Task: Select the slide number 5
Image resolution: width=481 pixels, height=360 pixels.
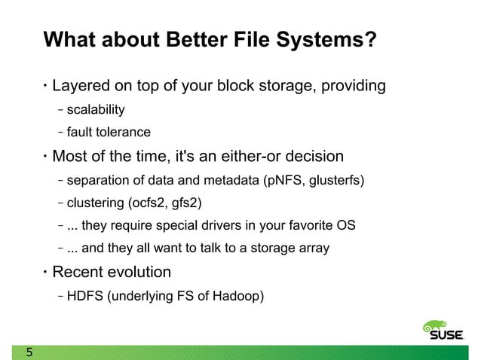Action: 29,352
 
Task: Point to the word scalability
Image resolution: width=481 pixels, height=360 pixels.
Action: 96,111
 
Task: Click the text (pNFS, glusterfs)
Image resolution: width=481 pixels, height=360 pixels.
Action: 313,181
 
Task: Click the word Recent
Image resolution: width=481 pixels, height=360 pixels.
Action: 79,271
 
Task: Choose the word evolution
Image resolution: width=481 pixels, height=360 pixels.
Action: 141,271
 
